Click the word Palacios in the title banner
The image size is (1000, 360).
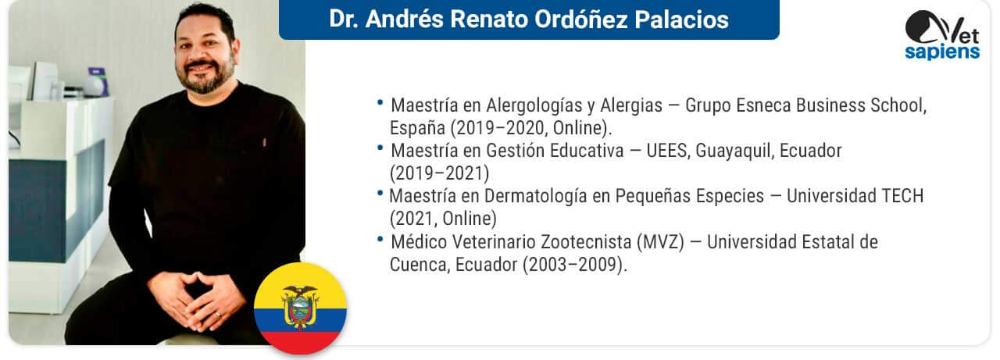click(x=682, y=20)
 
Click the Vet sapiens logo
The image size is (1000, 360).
click(x=942, y=35)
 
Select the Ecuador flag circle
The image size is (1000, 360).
click(x=301, y=308)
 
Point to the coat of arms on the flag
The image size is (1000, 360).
click(x=301, y=308)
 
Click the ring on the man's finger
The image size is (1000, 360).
click(x=218, y=315)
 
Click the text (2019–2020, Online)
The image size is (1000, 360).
click(x=530, y=129)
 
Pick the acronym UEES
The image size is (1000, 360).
click(x=668, y=151)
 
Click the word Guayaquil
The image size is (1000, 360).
click(x=734, y=151)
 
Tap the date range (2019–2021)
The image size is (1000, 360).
click(x=439, y=173)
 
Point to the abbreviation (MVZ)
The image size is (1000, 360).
click(x=660, y=242)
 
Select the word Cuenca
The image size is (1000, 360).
click(x=420, y=265)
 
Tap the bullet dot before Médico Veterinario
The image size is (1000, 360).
click(x=380, y=240)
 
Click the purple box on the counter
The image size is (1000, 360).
click(x=98, y=80)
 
